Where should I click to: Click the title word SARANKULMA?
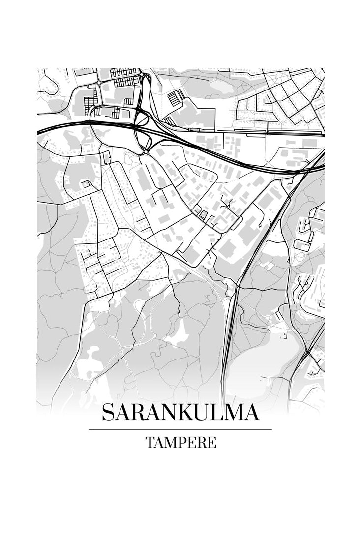coord(180,413)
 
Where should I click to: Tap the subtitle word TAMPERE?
coord(180,443)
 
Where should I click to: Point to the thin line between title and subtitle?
coord(180,429)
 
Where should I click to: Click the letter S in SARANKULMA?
coord(107,413)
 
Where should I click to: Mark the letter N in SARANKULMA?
coord(169,413)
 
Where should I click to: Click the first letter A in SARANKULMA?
coord(121,413)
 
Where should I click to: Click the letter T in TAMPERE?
coord(150,443)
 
